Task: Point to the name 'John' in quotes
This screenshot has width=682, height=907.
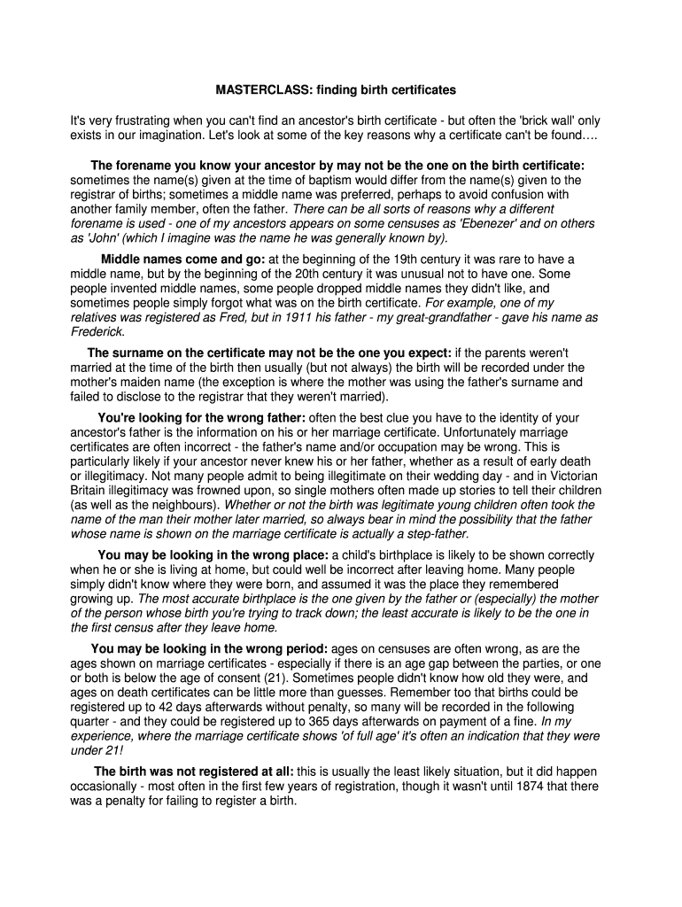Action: pyautogui.click(x=105, y=237)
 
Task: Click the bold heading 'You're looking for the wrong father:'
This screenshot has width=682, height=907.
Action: pyautogui.click(x=201, y=418)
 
